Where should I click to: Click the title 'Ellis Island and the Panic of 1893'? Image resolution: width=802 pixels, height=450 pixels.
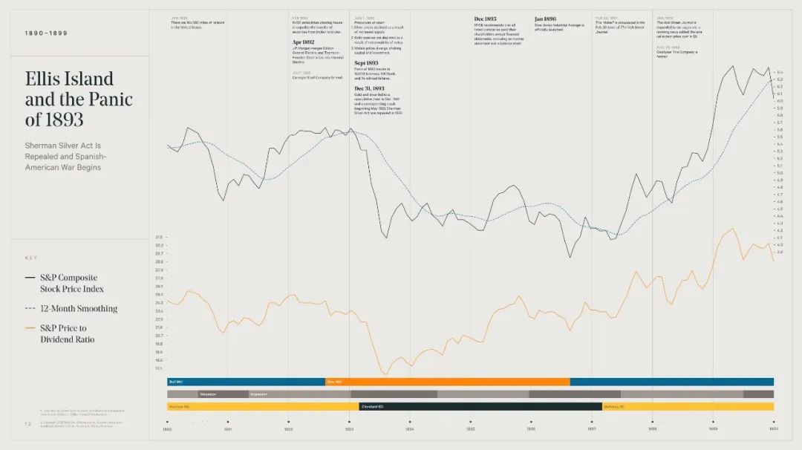79,99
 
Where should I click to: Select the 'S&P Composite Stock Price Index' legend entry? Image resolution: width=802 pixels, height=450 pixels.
71,283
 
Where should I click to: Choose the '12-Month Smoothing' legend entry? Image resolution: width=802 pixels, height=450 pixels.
79,308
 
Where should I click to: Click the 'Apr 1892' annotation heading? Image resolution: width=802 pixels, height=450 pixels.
304,42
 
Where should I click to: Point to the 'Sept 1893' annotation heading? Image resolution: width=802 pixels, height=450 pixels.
367,64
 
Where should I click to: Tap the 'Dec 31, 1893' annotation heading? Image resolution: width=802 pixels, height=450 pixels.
369,88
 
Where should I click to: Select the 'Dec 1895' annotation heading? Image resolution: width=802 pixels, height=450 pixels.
485,19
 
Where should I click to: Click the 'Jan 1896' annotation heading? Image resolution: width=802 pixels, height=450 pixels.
545,19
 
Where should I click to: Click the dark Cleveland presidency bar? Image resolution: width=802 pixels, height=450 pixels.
480,406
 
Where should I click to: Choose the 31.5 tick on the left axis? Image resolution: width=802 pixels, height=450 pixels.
159,237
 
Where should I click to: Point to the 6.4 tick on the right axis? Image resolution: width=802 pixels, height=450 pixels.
779,72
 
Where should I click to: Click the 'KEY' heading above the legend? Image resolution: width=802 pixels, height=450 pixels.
30,258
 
